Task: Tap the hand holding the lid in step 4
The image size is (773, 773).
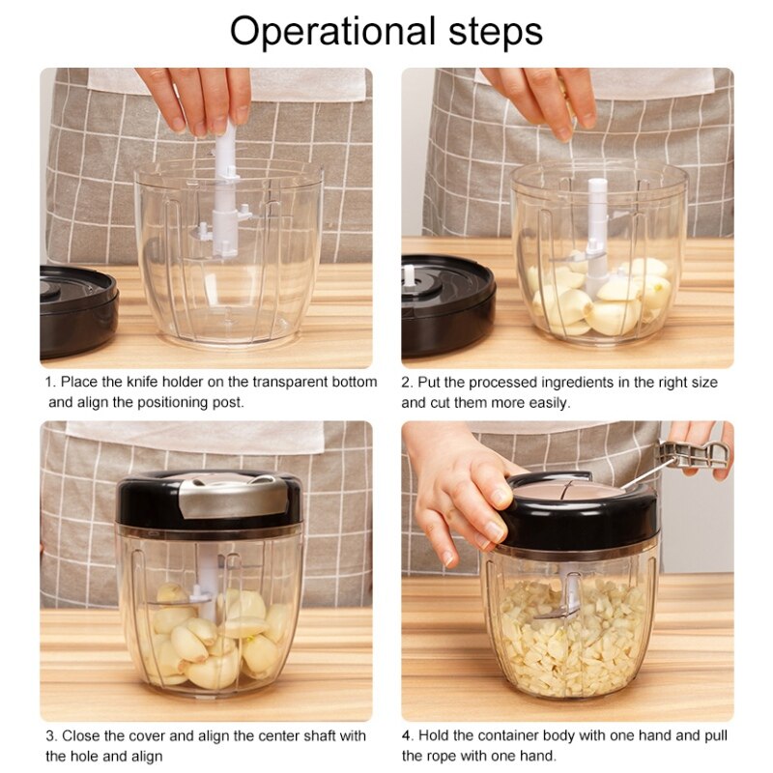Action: coord(464,488)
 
